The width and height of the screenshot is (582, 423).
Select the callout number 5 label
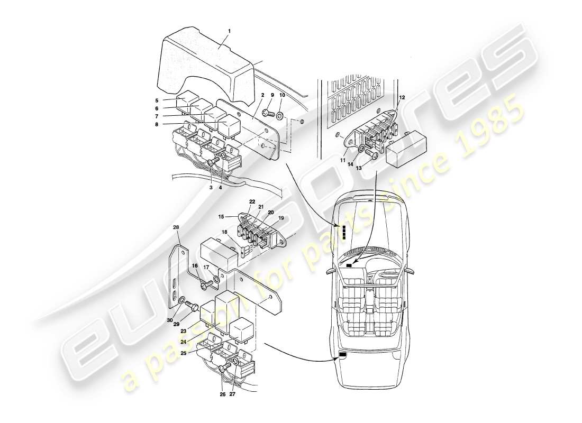157,100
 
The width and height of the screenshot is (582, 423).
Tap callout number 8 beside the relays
157,125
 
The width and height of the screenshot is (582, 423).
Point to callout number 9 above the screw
272,96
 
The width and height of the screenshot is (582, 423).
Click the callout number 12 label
402,97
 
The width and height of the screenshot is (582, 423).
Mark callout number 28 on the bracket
177,228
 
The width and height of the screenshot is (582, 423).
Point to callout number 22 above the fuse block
252,202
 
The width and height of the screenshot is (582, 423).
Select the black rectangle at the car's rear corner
342,355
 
